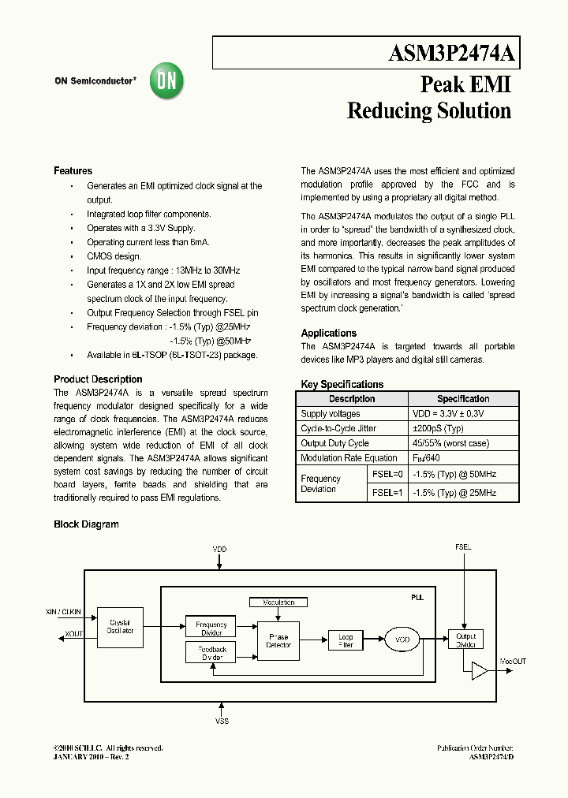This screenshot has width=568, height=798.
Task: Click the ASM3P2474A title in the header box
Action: pos(452,53)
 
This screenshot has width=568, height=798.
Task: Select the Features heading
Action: pos(73,171)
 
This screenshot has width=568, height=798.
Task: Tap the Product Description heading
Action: pos(98,379)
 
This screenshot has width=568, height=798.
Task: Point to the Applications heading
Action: pos(329,334)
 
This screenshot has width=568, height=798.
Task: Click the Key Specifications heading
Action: pos(342,385)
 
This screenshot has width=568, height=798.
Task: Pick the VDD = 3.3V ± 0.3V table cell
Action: pos(447,414)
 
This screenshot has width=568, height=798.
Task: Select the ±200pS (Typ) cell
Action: pos(437,428)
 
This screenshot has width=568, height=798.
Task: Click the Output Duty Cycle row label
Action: pos(334,443)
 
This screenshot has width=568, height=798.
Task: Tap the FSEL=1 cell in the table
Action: pos(387,492)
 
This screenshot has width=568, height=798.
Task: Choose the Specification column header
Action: pos(463,399)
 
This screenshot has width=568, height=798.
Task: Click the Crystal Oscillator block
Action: pos(120,626)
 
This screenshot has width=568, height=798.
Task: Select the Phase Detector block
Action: pos(278,640)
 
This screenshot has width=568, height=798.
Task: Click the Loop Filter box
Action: pos(346,640)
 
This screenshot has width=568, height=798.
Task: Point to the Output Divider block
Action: pos(466,640)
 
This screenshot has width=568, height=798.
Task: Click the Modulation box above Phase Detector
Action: pos(278,602)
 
